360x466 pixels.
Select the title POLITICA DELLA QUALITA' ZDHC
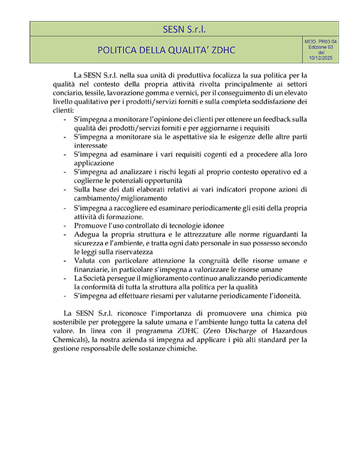[x=166, y=49]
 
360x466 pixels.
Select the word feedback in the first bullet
[x=278, y=120]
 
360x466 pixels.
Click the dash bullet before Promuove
[x=65, y=225]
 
